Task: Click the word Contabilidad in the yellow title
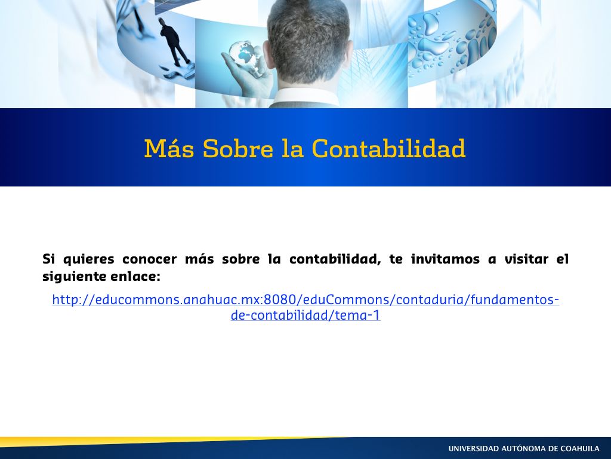click(389, 148)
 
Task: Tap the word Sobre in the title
click(237, 148)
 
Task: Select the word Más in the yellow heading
click(169, 148)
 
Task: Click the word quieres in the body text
click(88, 259)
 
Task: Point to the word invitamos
click(445, 259)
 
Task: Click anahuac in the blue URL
click(206, 300)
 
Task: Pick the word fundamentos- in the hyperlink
click(515, 300)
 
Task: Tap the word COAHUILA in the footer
click(580, 449)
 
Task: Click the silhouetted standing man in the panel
click(174, 41)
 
